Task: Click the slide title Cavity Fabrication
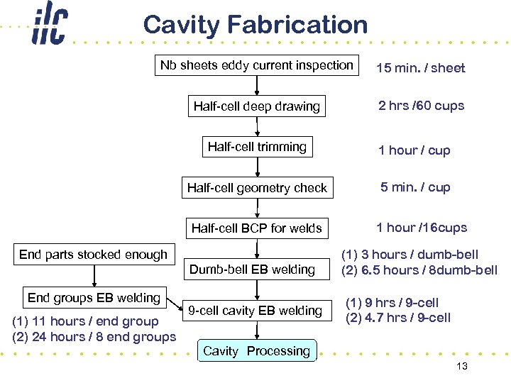[x=255, y=25]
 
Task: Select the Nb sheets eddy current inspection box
[x=256, y=66]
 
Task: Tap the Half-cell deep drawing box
[x=256, y=107]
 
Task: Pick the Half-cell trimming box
[x=257, y=148]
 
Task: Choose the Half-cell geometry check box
[x=257, y=188]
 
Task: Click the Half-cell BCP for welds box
[x=256, y=228]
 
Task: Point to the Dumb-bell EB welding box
[x=252, y=270]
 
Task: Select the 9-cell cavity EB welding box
[x=255, y=311]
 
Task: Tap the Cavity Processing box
[x=256, y=351]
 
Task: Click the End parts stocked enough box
[x=93, y=255]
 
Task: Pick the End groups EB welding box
[x=94, y=298]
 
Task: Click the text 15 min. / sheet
[x=420, y=68]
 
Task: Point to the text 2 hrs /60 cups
[x=421, y=106]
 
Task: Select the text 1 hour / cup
[x=414, y=150]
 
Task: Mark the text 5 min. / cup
[x=415, y=188]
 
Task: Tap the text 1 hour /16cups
[x=422, y=228]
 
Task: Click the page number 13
[x=462, y=366]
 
